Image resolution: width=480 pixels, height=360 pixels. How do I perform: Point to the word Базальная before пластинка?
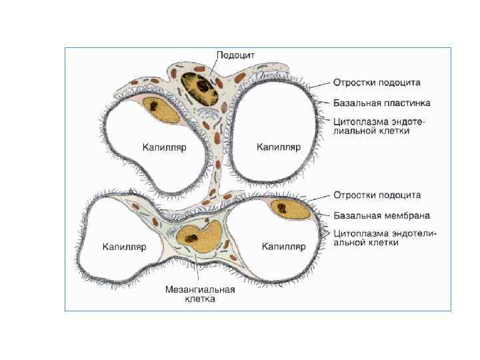(357, 103)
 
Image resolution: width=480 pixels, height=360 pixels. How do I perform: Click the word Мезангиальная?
(200, 290)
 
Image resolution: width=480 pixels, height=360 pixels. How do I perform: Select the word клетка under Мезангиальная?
(200, 300)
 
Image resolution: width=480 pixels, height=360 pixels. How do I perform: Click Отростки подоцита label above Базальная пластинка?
(377, 83)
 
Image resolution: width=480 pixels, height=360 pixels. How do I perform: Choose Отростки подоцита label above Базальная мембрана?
(377, 195)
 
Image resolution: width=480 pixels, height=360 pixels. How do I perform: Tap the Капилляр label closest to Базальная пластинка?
(279, 147)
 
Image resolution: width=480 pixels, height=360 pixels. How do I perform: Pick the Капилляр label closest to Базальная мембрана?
(283, 247)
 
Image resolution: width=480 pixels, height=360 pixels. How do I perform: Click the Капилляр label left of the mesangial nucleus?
(123, 247)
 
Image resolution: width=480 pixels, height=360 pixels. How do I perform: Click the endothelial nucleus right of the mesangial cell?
(291, 209)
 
